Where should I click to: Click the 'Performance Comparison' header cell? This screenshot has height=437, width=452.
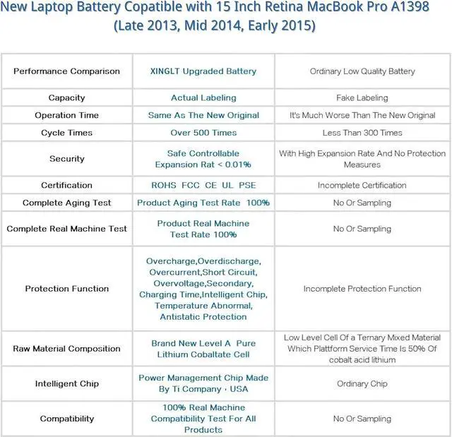tap(66, 71)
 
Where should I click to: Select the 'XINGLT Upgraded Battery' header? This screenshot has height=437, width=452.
tap(203, 71)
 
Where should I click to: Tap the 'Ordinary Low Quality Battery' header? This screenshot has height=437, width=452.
tap(362, 71)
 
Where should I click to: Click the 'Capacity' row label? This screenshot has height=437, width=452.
tap(66, 98)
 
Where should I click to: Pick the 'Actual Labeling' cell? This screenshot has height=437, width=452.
tap(203, 98)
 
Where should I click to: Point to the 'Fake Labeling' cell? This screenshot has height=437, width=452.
tap(362, 98)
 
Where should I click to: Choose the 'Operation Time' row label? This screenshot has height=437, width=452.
tap(66, 115)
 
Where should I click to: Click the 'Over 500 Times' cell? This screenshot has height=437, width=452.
tap(203, 133)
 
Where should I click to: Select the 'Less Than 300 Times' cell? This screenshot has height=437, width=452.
tap(362, 133)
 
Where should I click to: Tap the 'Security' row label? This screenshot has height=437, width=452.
tap(66, 159)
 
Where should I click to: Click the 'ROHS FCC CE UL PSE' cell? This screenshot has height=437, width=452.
tap(203, 186)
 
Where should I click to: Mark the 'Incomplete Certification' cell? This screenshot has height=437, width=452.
tap(362, 186)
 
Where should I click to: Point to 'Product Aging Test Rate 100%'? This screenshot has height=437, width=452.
tap(203, 203)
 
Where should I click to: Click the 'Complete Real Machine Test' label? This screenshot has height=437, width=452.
tap(66, 229)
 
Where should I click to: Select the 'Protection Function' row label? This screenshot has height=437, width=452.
tap(66, 289)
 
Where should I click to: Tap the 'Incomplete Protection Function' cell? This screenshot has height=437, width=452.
tap(362, 289)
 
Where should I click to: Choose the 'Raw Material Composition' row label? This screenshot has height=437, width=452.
tap(66, 349)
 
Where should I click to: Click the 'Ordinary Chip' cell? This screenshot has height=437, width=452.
tap(362, 384)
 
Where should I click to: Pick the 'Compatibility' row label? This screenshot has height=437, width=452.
tap(66, 419)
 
